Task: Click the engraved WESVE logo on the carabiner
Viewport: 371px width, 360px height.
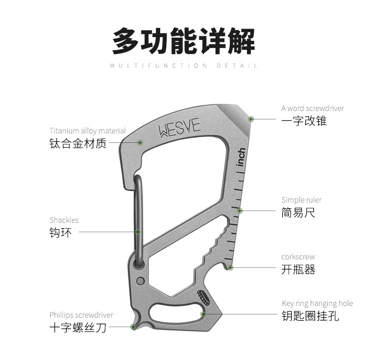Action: point(179,128)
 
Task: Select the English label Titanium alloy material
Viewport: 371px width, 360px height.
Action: point(87,131)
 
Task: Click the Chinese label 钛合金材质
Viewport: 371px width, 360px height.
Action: point(78,143)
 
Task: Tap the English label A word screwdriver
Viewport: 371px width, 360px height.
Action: point(312,108)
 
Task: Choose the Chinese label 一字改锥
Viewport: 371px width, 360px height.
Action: point(304,121)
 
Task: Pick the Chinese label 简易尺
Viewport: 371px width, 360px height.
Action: point(298,212)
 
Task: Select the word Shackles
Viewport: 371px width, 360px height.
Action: point(64,220)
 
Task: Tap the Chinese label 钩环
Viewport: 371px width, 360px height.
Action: point(61,232)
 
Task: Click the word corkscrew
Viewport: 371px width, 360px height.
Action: point(298,257)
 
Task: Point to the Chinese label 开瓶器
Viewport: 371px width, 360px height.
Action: point(298,269)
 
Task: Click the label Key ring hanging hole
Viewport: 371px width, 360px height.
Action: point(317,303)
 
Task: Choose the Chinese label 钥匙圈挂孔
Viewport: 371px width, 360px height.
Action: point(310,316)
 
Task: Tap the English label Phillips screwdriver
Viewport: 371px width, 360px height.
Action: point(81,315)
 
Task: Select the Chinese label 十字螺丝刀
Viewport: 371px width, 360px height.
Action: point(78,328)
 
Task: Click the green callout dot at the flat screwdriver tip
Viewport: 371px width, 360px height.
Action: point(251,119)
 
